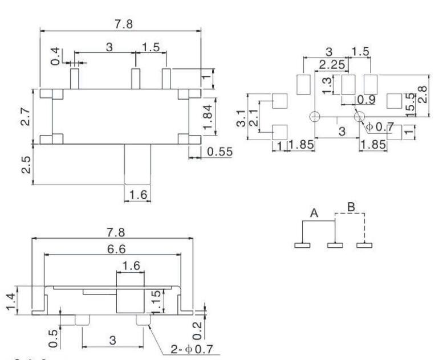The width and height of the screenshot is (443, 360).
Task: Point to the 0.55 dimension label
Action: point(218,153)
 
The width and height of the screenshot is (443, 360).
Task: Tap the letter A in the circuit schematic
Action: point(314,213)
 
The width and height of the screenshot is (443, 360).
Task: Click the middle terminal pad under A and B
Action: point(334,246)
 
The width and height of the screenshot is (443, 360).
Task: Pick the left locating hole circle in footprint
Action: point(314,117)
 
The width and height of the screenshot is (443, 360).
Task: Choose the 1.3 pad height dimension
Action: point(327,85)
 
